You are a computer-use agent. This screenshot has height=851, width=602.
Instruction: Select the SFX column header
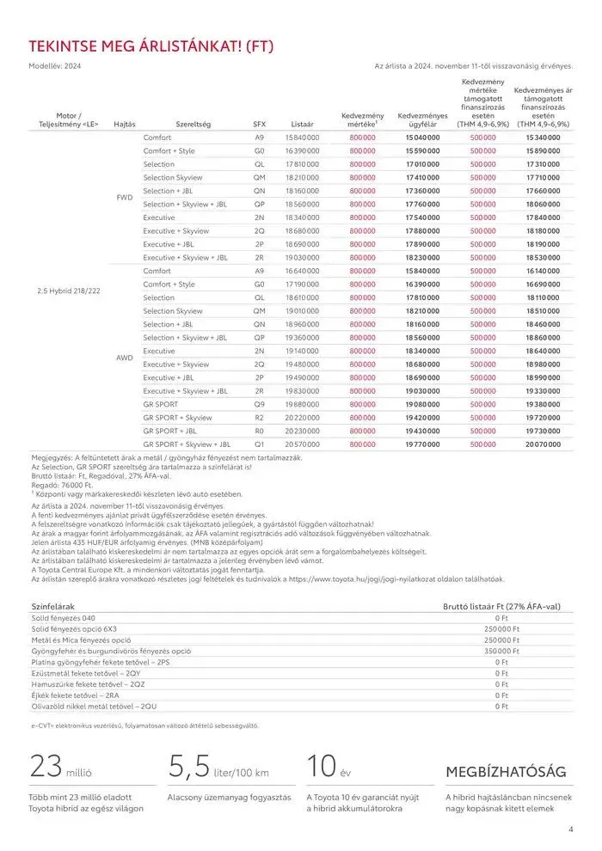coord(259,125)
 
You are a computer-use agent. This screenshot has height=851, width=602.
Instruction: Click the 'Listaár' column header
coord(302,125)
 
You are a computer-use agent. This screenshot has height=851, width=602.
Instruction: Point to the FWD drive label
coord(124,198)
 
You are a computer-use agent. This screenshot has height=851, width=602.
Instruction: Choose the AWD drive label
coord(124,358)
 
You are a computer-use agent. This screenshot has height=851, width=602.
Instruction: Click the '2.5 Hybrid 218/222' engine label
coord(69,291)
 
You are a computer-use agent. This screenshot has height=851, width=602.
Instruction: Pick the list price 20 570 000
coord(302,444)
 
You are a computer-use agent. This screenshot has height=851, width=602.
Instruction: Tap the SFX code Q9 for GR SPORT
coord(259,404)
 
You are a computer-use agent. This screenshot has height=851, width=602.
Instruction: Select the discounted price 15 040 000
coord(422,138)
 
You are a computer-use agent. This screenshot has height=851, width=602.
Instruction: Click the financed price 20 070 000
coord(542,444)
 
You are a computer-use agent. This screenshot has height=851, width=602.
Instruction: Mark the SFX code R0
coord(259,431)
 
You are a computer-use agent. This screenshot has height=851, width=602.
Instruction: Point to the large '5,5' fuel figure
coord(190,765)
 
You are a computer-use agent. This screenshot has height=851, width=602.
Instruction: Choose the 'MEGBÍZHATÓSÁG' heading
coord(505,771)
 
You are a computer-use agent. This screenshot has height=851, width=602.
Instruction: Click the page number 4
coord(570,830)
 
